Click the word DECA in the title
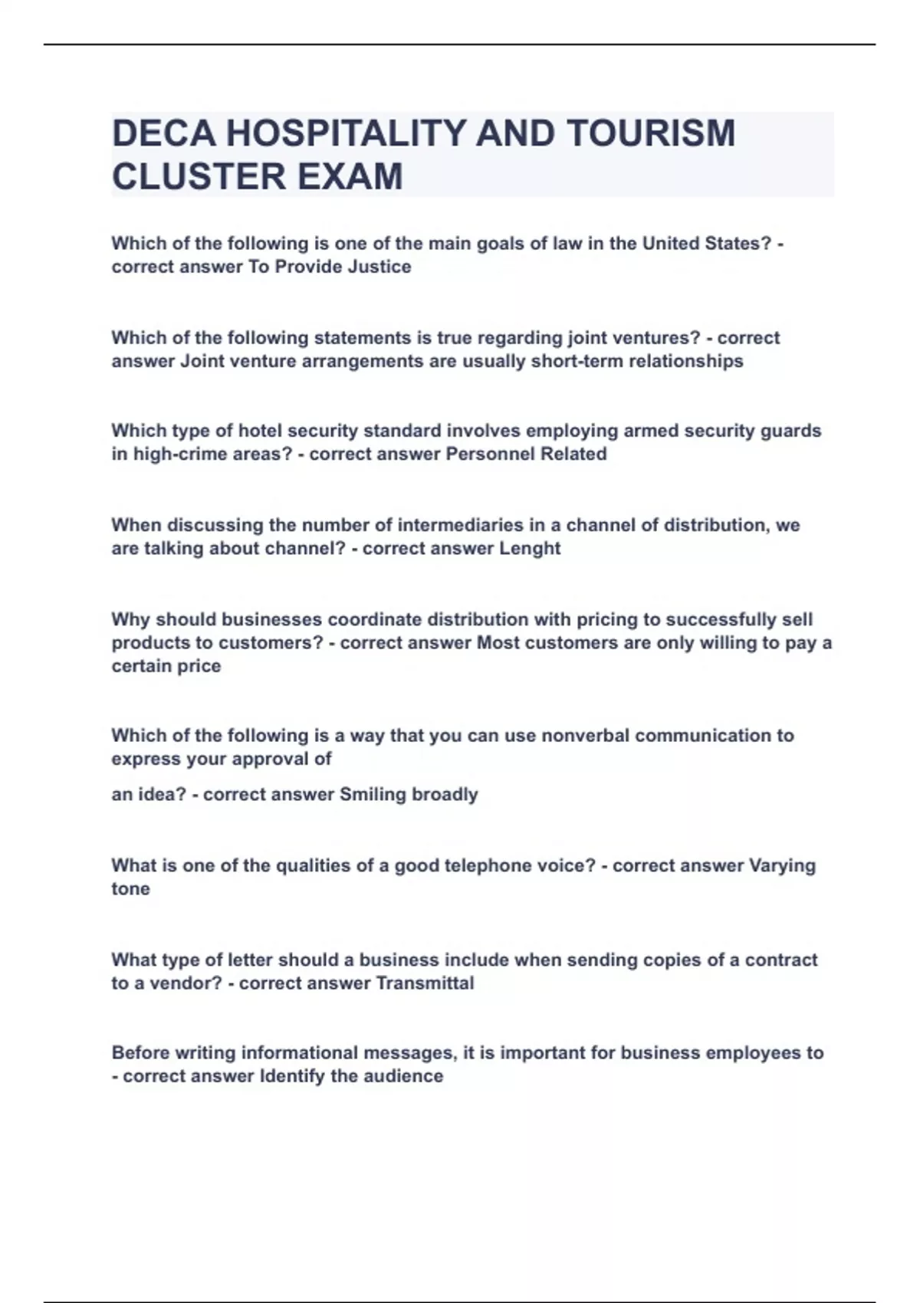pos(163,133)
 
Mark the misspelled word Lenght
pos(530,549)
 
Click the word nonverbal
pos(585,736)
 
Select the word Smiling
pos(373,795)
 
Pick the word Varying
pos(782,866)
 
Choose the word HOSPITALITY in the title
pos(346,133)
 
